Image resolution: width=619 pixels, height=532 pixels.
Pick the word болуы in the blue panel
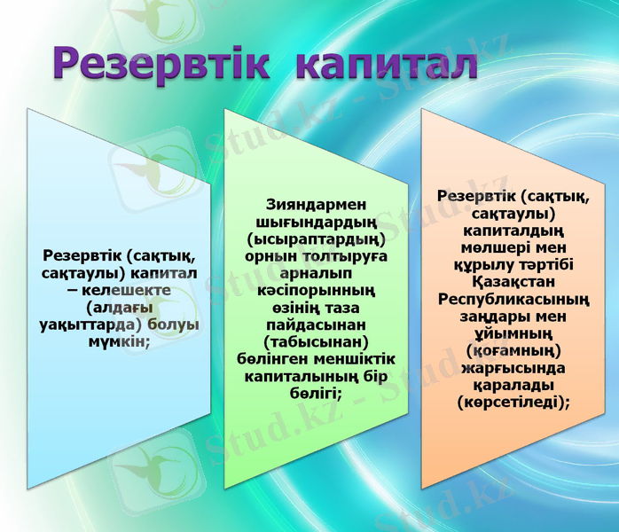coord(174,325)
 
